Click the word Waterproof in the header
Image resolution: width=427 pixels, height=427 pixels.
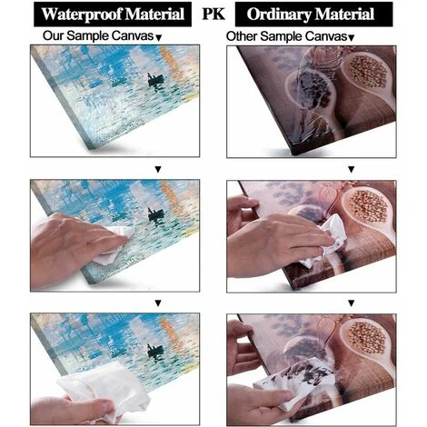(82, 15)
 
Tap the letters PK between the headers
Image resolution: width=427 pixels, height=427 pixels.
(213, 14)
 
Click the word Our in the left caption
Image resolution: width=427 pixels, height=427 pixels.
(54, 35)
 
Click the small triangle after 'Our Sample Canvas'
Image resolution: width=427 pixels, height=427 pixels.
(159, 38)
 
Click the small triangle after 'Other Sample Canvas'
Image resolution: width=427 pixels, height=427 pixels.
(351, 38)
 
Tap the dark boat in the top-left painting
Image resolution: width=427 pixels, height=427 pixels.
(155, 80)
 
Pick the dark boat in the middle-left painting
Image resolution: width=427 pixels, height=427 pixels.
(155, 214)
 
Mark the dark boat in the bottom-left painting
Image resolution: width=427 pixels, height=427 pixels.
(155, 351)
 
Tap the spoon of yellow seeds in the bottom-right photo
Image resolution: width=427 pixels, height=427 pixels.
(365, 339)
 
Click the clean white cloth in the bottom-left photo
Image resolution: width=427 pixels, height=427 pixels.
(104, 391)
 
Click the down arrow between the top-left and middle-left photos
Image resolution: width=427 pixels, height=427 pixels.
(158, 170)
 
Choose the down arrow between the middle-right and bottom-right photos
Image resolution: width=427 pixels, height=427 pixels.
(351, 303)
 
